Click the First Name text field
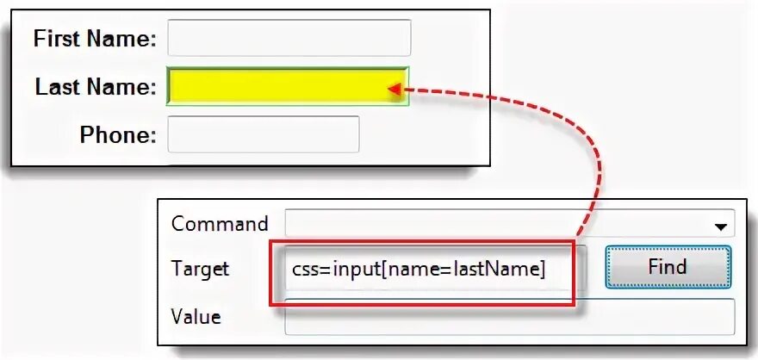point(289,38)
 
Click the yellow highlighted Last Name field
point(288,86)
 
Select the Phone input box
point(263,134)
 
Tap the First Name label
point(95,38)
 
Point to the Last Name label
point(96,87)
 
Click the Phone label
point(118,135)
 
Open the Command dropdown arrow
point(719,226)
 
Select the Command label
point(220,224)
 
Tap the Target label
point(200,269)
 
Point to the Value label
point(196,317)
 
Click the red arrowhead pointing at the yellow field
point(395,88)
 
